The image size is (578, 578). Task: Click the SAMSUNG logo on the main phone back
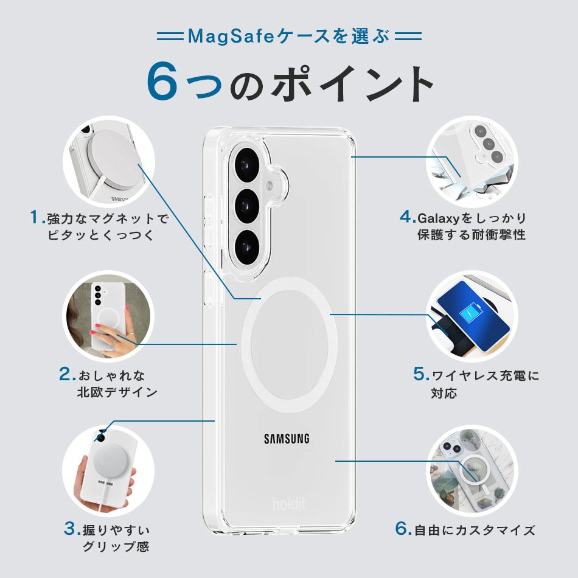point(287,439)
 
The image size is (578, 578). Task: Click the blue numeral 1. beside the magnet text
point(38,217)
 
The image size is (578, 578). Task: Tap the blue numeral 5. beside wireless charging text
point(421,375)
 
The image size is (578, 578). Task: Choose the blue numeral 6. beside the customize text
point(403,529)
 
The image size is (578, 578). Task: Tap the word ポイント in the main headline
point(353,83)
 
